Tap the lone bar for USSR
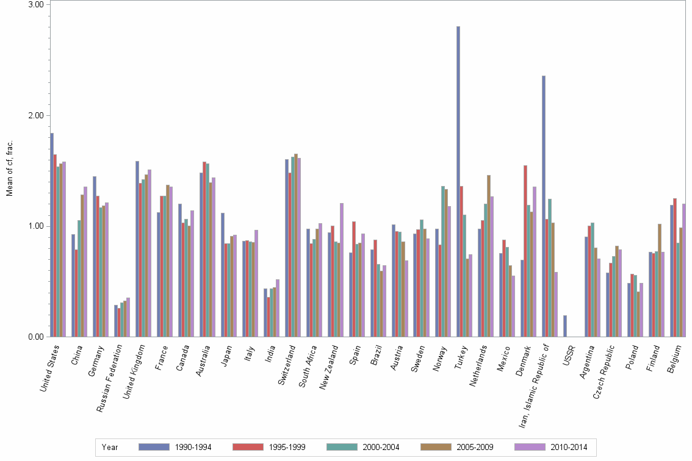click(564, 326)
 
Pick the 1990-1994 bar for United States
click(52, 235)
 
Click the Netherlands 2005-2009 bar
click(488, 256)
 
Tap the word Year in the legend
click(110, 447)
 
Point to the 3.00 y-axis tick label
click(37, 5)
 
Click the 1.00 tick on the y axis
click(37, 226)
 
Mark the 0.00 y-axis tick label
click(37, 337)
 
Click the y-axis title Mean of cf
click(10, 168)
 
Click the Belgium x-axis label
click(674, 362)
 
